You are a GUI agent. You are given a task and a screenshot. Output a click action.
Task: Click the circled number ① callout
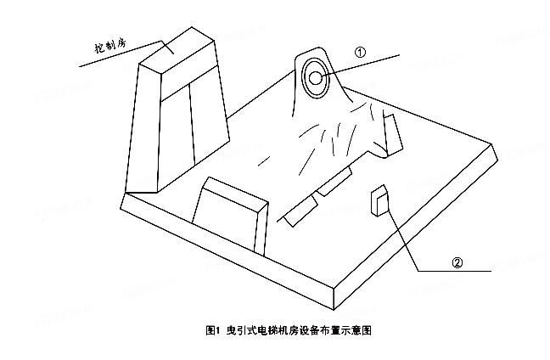[360, 53]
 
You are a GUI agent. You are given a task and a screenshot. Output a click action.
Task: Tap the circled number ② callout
[457, 262]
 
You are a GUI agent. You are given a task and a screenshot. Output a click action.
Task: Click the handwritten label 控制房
[109, 45]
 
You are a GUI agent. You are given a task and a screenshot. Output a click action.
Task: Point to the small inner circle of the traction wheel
[316, 78]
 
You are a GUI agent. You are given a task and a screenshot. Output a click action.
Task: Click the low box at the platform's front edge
[230, 215]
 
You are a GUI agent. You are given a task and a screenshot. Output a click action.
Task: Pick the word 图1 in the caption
[212, 330]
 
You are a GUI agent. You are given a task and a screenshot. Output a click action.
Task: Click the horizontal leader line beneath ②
[455, 271]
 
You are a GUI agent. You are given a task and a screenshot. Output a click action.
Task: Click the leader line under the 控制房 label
[121, 53]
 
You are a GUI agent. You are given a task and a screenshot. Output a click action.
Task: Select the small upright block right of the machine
[393, 134]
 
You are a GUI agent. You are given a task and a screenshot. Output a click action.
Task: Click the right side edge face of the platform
[416, 228]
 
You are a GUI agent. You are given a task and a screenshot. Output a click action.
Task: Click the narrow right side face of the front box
[261, 228]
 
